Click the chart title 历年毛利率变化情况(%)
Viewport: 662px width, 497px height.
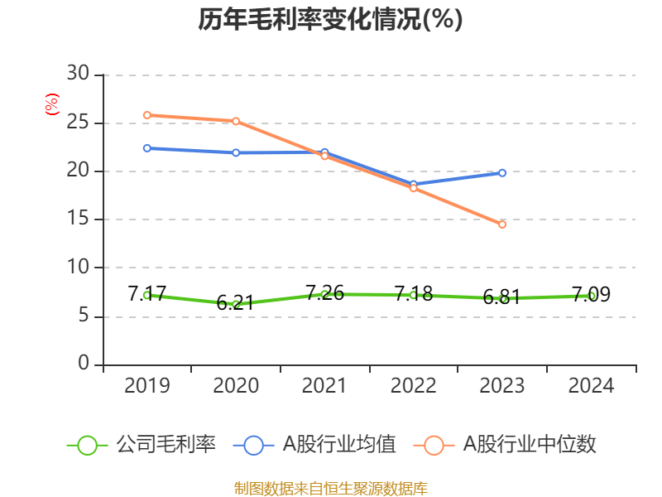pos(330,19)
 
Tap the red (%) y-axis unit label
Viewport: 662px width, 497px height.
pos(52,104)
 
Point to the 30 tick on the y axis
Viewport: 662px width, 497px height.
pos(78,74)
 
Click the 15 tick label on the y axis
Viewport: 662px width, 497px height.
pos(78,219)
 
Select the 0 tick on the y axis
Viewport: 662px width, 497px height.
pos(84,363)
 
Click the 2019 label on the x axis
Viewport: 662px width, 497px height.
pos(147,385)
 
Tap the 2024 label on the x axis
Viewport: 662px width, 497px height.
pos(591,385)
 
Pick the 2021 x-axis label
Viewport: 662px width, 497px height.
pos(324,385)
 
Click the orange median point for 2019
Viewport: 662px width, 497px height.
pos(147,115)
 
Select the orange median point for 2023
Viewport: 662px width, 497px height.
pos(502,224)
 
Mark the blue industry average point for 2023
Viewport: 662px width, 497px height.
pos(502,173)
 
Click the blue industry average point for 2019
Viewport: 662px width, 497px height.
pos(147,148)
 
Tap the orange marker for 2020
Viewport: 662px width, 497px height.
pos(236,121)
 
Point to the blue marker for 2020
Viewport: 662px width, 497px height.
pos(236,152)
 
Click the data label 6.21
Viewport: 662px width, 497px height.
pos(235,302)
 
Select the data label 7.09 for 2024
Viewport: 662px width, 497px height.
pos(591,294)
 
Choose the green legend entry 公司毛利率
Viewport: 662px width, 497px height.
pos(142,445)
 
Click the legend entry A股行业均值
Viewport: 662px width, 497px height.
pos(314,445)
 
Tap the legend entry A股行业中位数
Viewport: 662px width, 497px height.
pos(505,445)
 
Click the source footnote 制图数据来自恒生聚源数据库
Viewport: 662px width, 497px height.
pos(330,489)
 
